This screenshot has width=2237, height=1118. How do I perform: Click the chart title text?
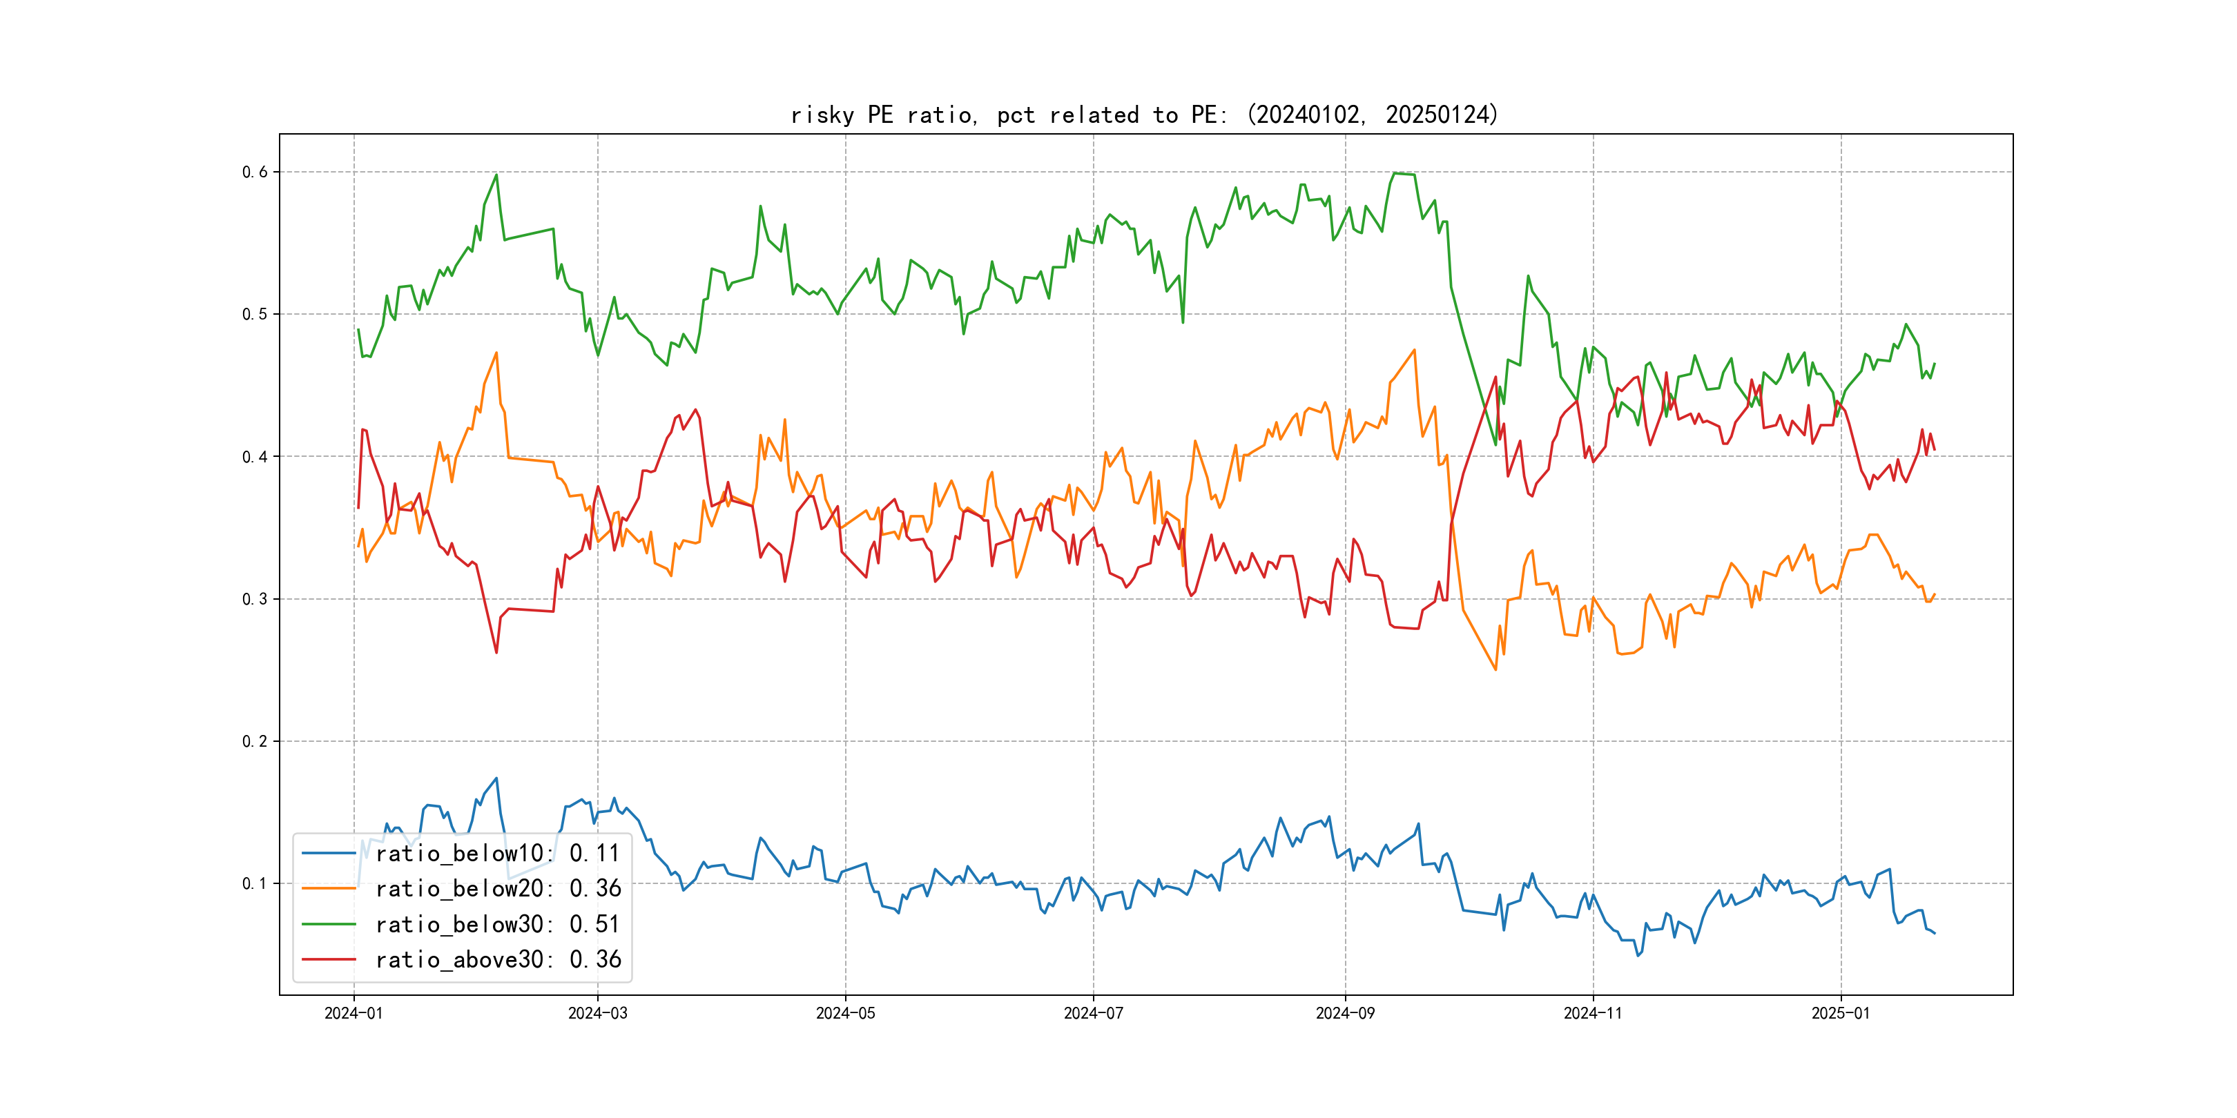coord(1145,115)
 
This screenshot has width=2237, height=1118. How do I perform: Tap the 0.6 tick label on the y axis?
coord(255,172)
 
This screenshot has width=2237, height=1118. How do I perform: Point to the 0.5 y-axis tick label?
coord(255,314)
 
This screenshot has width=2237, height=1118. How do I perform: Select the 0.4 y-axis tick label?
coord(255,457)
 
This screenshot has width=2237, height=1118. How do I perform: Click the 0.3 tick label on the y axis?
coord(255,599)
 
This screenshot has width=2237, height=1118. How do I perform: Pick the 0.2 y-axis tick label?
coord(255,741)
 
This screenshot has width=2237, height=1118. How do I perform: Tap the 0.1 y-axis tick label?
coord(255,883)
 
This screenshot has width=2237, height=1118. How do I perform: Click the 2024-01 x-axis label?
coord(354,1013)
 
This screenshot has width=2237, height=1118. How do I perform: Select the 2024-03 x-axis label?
coord(597,1013)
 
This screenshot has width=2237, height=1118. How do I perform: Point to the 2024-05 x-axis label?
coord(845,1013)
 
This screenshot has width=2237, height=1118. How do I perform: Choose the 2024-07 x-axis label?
coord(1094,1013)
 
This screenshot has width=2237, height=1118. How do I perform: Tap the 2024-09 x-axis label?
coord(1345,1013)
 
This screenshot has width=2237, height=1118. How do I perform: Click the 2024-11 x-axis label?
coord(1593,1013)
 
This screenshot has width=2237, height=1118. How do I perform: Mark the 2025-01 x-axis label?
coord(1840,1013)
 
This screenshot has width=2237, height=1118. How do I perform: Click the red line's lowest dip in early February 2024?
coord(496,653)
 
